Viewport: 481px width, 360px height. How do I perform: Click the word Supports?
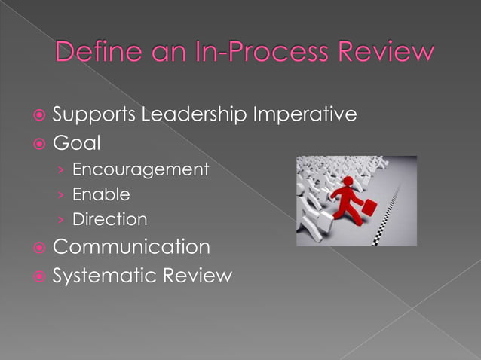coord(93,115)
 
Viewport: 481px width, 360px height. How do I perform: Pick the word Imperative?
coord(305,115)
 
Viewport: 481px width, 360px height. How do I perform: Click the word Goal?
coord(76,142)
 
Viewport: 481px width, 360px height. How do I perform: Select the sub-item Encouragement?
coord(140,169)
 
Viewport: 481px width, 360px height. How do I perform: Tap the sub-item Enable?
coord(101,194)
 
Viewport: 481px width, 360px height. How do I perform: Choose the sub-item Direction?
coord(109,220)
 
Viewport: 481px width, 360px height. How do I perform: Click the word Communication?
coord(131,247)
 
